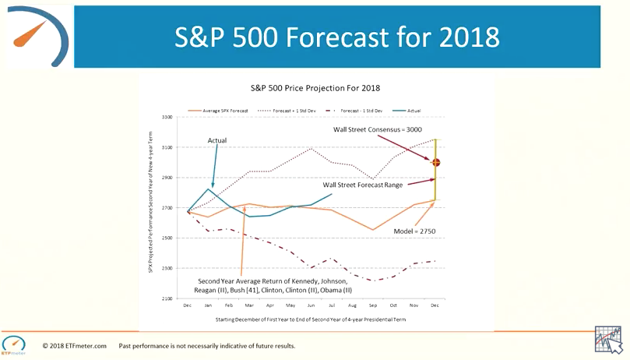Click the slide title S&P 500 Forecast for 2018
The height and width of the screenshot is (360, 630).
336,37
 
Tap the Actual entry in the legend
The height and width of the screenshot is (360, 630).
412,111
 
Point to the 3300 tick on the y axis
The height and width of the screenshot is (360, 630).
167,117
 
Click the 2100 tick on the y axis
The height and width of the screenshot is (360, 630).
167,298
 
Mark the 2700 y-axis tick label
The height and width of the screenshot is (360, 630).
167,208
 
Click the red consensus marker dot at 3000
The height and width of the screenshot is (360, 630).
436,162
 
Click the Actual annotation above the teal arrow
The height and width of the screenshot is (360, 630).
218,140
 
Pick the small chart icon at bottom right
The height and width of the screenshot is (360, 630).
607,339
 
